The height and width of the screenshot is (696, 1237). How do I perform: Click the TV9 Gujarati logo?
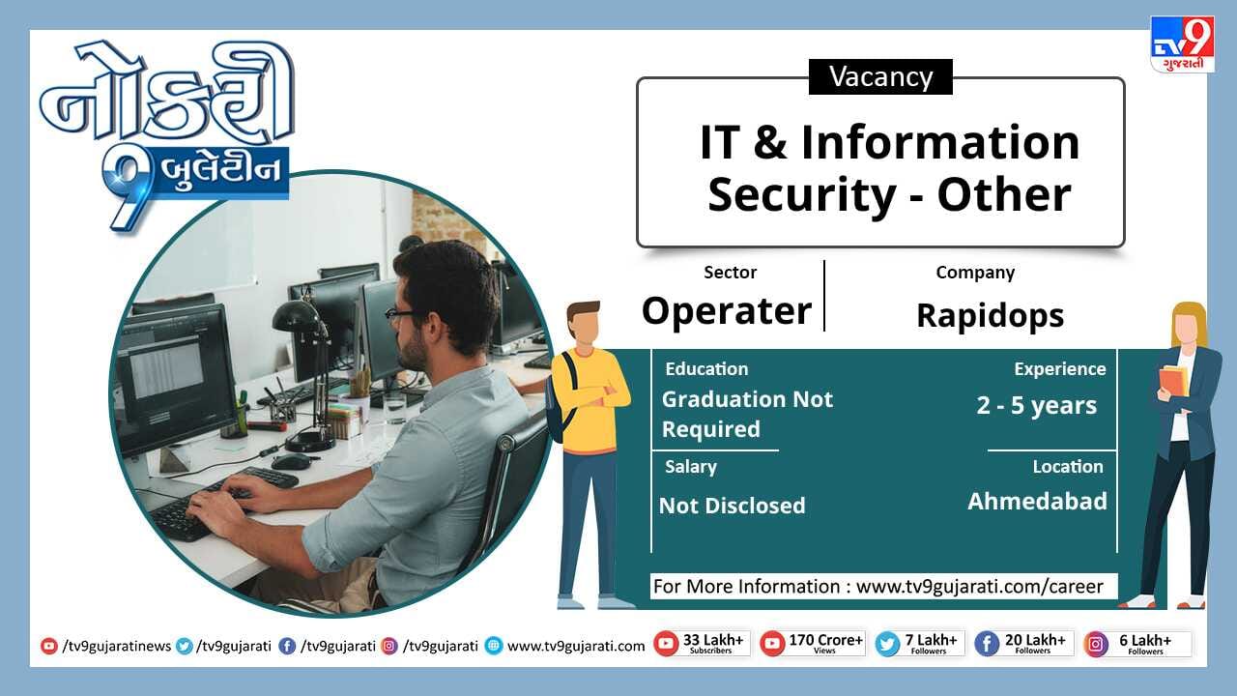(x=1182, y=44)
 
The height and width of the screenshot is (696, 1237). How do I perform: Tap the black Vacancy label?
(x=880, y=76)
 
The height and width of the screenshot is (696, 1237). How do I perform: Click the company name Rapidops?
(x=991, y=316)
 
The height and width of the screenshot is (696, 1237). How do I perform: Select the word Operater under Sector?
(x=727, y=310)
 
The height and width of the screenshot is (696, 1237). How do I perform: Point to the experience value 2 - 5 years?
(x=1037, y=405)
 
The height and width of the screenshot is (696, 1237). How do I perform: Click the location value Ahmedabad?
(x=1038, y=502)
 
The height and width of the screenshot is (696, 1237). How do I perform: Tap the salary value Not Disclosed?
(x=733, y=506)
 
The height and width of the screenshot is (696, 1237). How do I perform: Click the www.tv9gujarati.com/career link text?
(x=980, y=587)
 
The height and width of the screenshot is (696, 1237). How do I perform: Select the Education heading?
(x=706, y=369)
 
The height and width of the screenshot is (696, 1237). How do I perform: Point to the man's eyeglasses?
(x=407, y=314)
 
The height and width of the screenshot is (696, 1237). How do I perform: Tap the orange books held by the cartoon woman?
(x=1173, y=381)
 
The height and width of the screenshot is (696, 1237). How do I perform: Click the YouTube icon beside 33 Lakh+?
(x=666, y=644)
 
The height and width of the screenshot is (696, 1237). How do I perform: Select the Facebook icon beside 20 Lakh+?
(x=987, y=645)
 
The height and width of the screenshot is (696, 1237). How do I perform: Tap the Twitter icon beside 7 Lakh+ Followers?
(x=887, y=645)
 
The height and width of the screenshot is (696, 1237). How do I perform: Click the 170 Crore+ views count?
(x=825, y=644)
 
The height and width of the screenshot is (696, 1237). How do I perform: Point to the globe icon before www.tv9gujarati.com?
(x=494, y=646)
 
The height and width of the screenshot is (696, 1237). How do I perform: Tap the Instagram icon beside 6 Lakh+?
(x=1096, y=645)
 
